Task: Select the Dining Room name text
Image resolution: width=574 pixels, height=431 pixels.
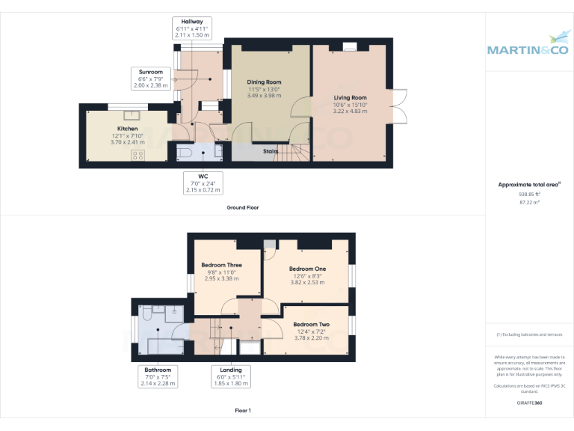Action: click(x=264, y=82)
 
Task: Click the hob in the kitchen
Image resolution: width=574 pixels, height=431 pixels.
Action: click(x=138, y=155)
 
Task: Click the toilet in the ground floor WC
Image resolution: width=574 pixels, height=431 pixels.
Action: click(x=186, y=152)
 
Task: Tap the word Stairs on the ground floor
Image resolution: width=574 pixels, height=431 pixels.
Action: click(x=271, y=151)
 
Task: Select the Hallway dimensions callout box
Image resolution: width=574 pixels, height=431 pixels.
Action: click(x=191, y=28)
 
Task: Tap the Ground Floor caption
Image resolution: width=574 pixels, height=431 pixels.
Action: click(x=242, y=207)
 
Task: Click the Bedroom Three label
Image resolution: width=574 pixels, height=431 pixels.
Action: click(x=220, y=265)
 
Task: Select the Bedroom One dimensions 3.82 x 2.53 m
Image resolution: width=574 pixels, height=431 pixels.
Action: click(x=307, y=283)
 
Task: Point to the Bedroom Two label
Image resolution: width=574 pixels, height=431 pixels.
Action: click(x=311, y=324)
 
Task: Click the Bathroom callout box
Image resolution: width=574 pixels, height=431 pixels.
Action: click(x=158, y=376)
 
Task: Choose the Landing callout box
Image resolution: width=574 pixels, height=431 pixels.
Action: click(x=230, y=376)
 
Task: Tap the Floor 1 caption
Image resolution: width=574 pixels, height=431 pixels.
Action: click(x=242, y=411)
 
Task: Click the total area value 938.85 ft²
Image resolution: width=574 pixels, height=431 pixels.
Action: click(x=529, y=194)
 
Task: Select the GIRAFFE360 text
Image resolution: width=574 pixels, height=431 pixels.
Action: click(x=529, y=403)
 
